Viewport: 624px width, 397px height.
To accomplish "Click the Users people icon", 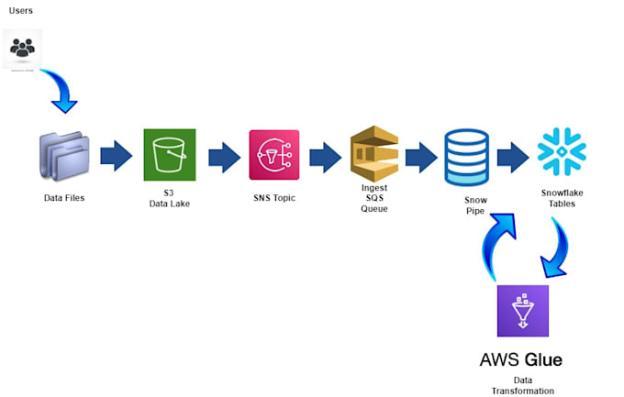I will pos(23,48).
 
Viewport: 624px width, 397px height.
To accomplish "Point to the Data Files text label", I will pos(64,197).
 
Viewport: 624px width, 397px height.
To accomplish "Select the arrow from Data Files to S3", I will pos(116,156).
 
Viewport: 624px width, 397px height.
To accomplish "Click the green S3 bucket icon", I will pos(170,155).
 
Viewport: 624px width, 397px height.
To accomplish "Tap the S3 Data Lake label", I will pos(170,199).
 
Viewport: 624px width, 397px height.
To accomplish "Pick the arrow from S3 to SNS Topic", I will pos(224,156).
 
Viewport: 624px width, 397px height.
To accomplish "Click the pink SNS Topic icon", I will pos(274,155).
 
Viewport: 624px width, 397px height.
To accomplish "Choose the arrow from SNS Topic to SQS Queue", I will pos(325,156).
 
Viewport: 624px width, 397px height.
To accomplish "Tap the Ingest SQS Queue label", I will pos(373,198).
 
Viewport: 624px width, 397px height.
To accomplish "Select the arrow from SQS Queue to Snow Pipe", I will pos(421,156).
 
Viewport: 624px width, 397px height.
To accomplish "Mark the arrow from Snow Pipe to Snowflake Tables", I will pos(513,156).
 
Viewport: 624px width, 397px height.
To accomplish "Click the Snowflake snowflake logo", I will pos(562,151).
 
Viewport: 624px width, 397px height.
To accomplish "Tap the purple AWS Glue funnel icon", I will pos(522,311).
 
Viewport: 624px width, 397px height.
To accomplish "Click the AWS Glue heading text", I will pos(521,358).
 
